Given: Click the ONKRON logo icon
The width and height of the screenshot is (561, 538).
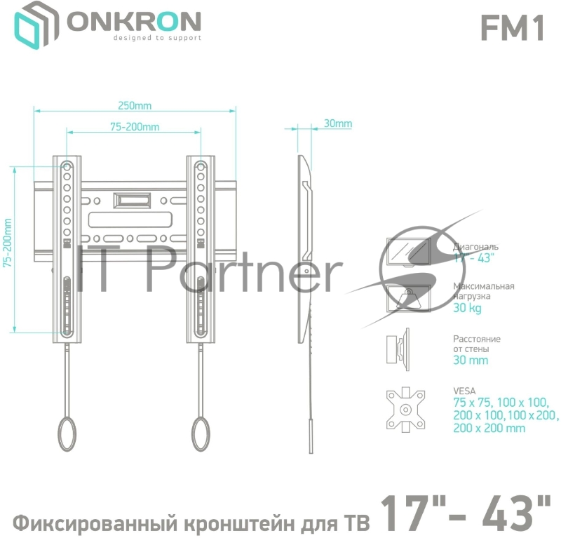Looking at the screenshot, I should coord(36,27).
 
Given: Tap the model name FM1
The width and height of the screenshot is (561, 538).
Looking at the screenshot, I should coord(512,27).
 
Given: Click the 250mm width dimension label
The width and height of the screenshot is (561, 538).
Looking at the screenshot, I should coord(135,106).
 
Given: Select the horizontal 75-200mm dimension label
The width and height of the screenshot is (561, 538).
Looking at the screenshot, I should coord(135,126).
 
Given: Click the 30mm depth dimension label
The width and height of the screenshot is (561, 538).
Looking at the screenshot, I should coord(337,124).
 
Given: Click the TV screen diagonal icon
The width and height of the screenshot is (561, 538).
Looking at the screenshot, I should coord(408,253).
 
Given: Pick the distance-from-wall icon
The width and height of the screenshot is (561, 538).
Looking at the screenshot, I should coord(396,349).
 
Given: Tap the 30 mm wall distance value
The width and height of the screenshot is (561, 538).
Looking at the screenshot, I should coord(471,361).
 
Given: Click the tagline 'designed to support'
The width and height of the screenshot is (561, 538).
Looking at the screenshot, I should coord(157,39).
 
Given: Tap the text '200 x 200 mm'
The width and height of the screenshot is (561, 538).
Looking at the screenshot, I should coord(489,428).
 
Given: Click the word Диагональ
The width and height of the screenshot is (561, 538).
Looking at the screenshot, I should coord(475,247).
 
